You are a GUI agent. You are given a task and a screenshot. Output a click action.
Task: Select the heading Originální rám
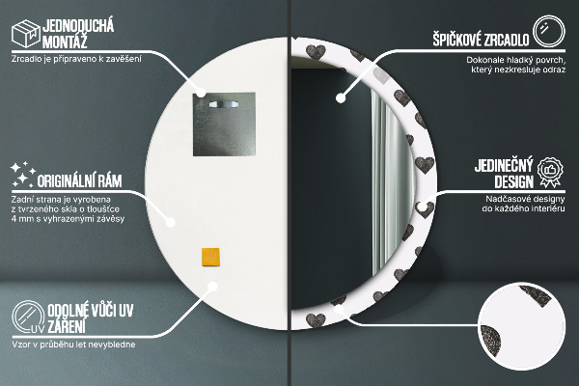tap(79, 179)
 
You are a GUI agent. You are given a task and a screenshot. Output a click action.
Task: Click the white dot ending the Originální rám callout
tap(171, 221)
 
